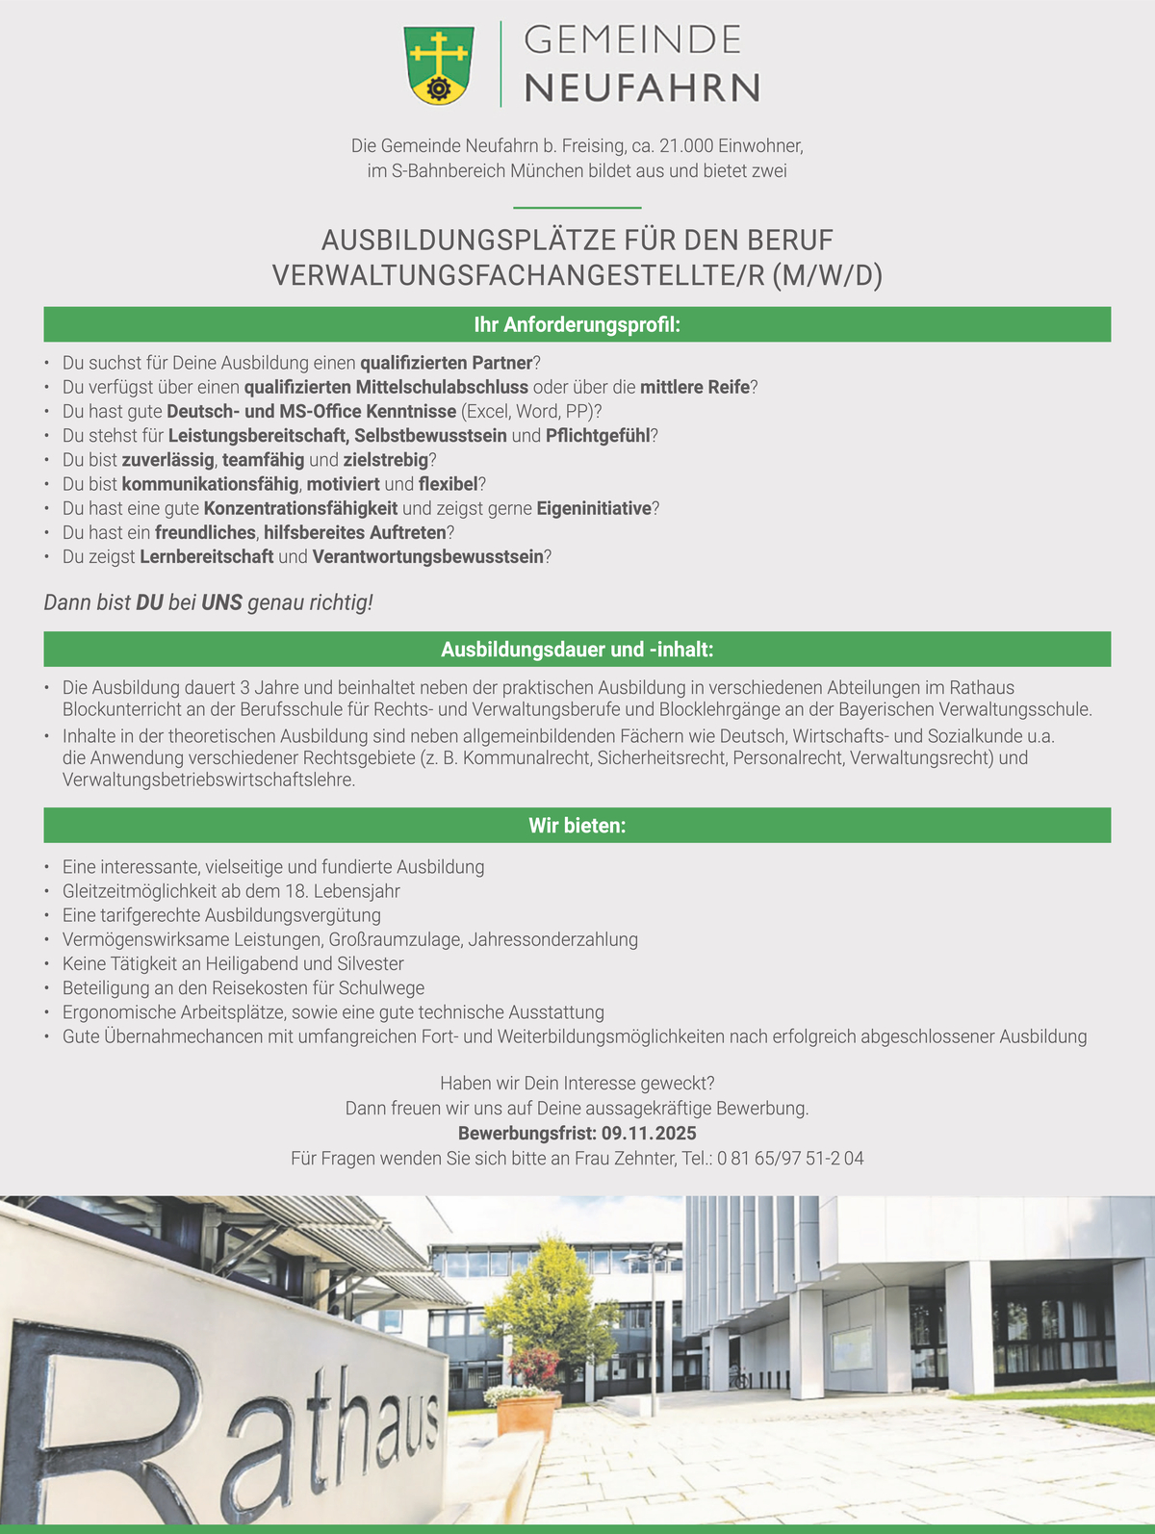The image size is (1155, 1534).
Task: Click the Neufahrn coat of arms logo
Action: tap(439, 64)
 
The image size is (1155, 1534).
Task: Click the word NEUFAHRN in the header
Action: tap(642, 88)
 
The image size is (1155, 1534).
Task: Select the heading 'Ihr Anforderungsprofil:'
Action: tap(577, 325)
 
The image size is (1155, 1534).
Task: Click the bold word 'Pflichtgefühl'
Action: tap(598, 435)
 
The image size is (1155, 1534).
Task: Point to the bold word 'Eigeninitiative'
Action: tap(594, 508)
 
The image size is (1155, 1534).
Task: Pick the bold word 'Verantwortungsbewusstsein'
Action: tap(427, 556)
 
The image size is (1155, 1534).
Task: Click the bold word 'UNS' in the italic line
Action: tap(221, 603)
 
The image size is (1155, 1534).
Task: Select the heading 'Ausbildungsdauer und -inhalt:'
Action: tap(577, 650)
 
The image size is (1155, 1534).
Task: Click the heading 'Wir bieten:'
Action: tap(577, 826)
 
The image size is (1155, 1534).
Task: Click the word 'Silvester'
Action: tap(371, 963)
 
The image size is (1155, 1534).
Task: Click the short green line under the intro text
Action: tap(577, 207)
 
